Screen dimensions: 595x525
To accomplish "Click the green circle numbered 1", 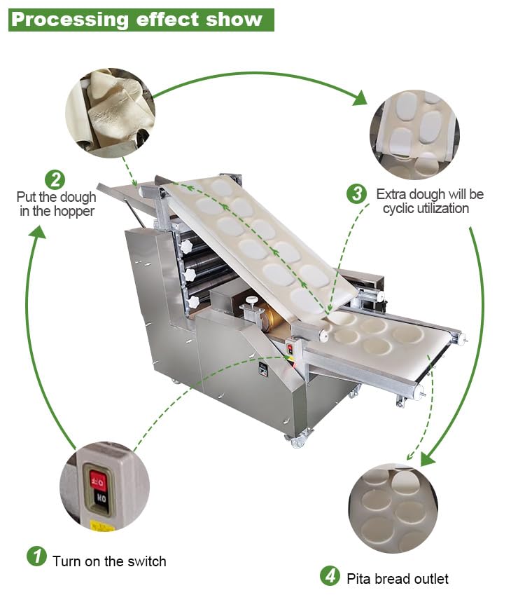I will coord(36,558).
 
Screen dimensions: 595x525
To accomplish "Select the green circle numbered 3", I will coord(357,193).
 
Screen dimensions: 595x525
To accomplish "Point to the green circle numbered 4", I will coord(330,576).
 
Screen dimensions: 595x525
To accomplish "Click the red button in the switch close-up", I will coord(98,480).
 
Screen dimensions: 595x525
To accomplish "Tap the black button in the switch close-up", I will coord(99,500).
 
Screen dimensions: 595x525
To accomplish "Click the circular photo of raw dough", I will coord(110,113).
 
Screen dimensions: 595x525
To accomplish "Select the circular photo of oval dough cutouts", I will coord(414,133).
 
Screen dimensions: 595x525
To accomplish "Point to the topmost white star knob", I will coord(185,247).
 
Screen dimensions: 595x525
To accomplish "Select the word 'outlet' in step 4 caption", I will coord(428,579).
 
